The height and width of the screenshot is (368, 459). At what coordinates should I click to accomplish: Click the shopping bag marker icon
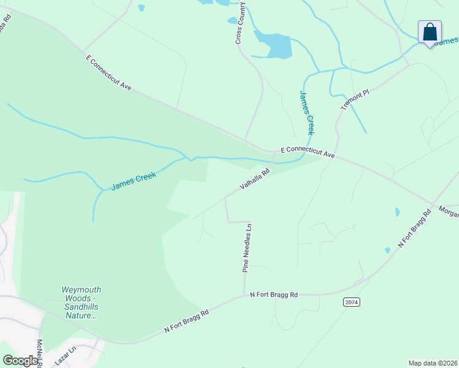pos(430,31)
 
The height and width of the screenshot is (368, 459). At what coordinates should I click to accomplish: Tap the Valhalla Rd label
pos(255,181)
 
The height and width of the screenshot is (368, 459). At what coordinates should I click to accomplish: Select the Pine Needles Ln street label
pos(247,248)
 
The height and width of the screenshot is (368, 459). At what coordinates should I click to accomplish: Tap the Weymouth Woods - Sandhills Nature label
pos(81,302)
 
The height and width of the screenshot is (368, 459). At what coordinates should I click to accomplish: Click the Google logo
pos(20,361)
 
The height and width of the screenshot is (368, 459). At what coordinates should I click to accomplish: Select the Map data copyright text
pos(433,363)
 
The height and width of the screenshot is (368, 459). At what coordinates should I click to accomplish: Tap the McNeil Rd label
pos(39,354)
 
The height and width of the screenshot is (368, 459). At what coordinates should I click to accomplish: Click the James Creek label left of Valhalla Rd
pos(134,180)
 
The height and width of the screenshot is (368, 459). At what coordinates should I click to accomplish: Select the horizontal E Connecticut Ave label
pos(307,152)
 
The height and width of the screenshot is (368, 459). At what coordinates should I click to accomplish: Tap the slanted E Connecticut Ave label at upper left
pos(110,72)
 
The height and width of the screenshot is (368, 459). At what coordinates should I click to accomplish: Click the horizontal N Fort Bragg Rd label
pos(274,295)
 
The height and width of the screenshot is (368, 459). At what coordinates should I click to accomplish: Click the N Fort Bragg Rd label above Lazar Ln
pos(187,321)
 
